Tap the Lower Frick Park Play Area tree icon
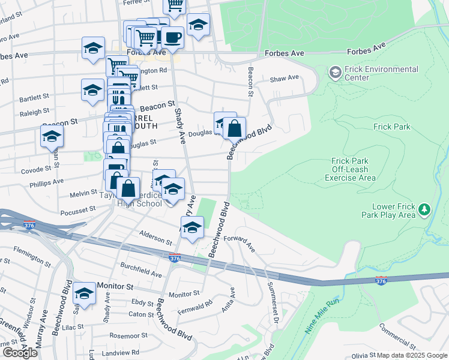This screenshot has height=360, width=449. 424,209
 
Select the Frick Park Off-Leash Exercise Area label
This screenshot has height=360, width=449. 354,169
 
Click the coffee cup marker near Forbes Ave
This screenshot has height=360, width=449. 173,37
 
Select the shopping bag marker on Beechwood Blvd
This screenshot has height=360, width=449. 236,128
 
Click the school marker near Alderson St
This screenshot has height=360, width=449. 192,227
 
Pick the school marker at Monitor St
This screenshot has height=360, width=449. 85,293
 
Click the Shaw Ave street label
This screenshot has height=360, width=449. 285,78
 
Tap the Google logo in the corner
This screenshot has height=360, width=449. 20,353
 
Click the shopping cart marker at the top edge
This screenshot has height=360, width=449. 175,5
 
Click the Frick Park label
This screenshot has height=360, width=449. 391,127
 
